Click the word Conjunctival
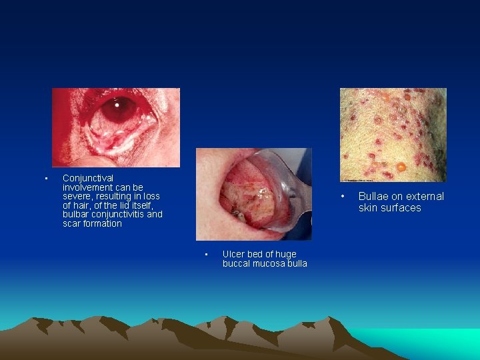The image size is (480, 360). point(88,178)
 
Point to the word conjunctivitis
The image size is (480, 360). point(117,215)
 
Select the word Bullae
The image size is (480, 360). point(373,196)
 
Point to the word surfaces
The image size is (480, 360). point(400,207)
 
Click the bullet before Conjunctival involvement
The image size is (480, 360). point(45,179)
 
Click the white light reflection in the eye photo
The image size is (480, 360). point(118,105)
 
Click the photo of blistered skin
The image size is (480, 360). point(393,134)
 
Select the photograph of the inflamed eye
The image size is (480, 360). point(116,127)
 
